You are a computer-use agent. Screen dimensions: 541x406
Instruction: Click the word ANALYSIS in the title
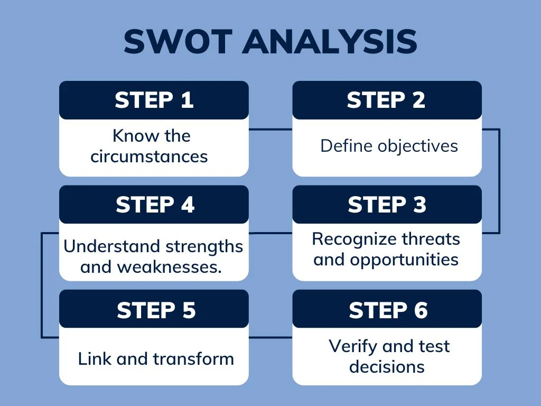(330, 41)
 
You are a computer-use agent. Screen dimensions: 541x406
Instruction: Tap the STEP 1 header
(154, 100)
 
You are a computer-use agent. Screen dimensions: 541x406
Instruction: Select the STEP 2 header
(387, 100)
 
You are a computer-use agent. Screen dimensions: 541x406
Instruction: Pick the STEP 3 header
(387, 205)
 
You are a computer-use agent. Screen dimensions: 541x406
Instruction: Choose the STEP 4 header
(154, 205)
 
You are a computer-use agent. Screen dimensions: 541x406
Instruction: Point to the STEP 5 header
(154, 309)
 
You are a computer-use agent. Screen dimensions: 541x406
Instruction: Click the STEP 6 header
(387, 309)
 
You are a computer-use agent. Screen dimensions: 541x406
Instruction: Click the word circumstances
(149, 156)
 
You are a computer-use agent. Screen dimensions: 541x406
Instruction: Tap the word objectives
(418, 146)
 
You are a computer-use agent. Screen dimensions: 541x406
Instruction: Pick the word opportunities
(404, 260)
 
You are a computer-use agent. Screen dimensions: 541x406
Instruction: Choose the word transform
(193, 359)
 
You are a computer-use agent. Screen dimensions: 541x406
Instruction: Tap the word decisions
(387, 367)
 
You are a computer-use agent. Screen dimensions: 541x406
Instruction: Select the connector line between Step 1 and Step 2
(270, 130)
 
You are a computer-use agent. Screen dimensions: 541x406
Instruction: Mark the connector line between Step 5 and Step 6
(270, 337)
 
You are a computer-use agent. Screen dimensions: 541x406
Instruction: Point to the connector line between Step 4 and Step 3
(270, 233)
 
